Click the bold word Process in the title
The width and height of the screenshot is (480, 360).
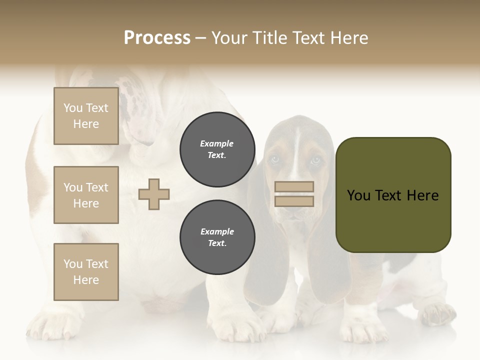click(157, 38)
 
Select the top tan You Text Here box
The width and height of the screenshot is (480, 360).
click(86, 116)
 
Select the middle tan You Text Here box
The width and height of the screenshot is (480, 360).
click(86, 195)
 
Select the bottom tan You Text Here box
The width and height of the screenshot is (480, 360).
click(86, 271)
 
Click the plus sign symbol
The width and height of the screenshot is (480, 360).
click(154, 194)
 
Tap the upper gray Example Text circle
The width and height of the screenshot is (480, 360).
click(217, 149)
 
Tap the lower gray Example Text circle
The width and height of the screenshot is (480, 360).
click(217, 237)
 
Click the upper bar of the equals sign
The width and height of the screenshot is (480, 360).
click(294, 187)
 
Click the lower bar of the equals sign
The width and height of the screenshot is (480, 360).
click(294, 201)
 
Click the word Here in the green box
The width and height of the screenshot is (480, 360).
click(422, 195)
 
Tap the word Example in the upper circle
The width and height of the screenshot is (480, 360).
click(217, 143)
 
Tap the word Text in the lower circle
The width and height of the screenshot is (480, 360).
click(216, 243)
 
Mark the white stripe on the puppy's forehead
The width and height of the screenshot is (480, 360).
click(297, 145)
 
